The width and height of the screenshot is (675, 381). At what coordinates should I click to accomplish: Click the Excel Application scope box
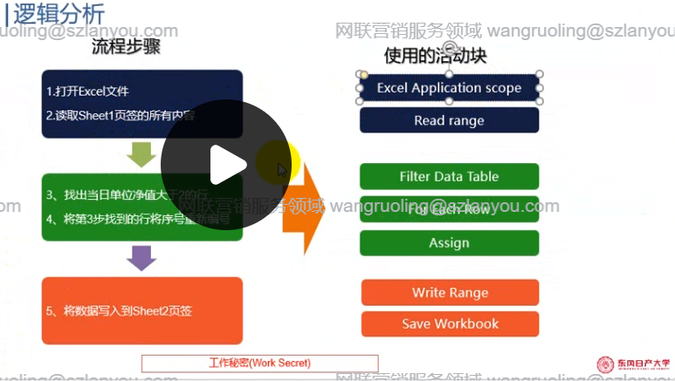pos(449,88)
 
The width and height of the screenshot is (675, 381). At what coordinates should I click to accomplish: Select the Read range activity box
pos(449,120)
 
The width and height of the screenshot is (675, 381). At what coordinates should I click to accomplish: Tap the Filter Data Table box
pos(449,176)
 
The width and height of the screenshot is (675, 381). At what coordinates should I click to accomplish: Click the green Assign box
pos(449,243)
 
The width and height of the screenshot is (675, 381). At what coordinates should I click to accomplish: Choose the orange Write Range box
pos(450,293)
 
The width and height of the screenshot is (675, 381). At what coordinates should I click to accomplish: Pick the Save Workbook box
pos(450,323)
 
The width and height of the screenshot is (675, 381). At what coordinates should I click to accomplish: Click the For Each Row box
pos(449,210)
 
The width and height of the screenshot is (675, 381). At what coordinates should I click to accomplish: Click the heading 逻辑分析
pos(59,14)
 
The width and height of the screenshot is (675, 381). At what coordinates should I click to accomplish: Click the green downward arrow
pos(141,154)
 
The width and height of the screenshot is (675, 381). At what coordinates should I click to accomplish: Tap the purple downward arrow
pos(141,257)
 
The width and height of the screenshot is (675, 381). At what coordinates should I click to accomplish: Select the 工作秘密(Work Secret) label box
pos(260,363)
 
